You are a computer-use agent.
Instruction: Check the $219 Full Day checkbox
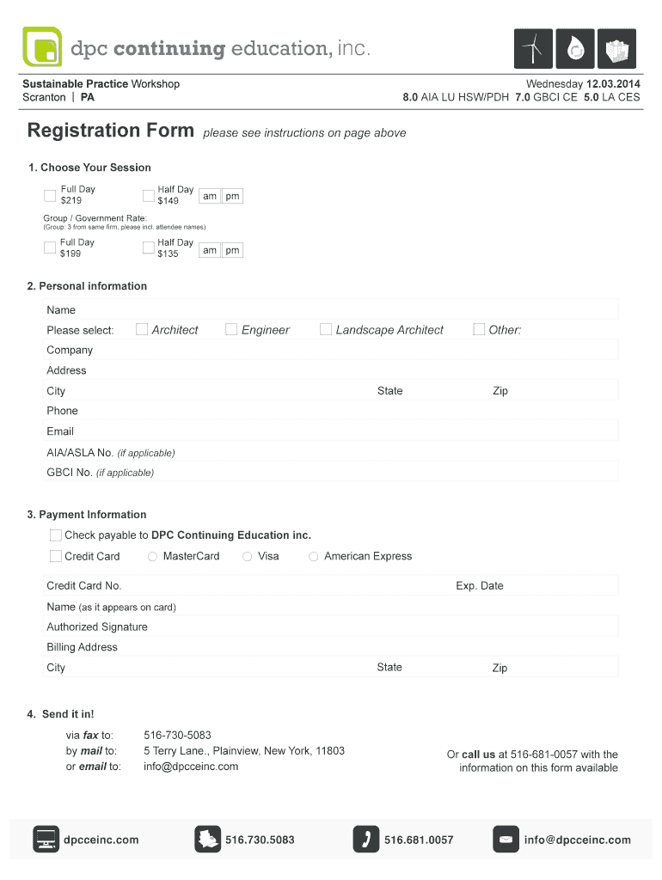(x=50, y=195)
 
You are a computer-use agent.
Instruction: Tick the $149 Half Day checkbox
(x=148, y=195)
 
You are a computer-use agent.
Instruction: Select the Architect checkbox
(x=142, y=329)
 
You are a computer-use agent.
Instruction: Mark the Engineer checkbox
(x=231, y=329)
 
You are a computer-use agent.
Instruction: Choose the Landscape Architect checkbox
(x=326, y=329)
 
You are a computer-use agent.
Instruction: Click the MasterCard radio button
(x=153, y=557)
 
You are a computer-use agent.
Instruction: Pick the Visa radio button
(x=248, y=557)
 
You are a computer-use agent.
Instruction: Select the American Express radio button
(x=314, y=557)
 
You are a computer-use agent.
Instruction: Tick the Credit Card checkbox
(x=56, y=556)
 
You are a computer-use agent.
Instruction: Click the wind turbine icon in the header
(x=533, y=49)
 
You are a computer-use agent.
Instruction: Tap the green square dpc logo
(x=44, y=47)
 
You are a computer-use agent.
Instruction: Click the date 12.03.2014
(x=613, y=84)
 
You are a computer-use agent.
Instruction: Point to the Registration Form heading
(x=111, y=131)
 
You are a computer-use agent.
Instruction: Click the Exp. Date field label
(x=480, y=586)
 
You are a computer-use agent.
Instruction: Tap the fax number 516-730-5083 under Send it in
(x=177, y=736)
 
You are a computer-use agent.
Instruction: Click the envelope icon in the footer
(x=506, y=840)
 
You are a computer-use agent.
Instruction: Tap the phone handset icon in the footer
(x=366, y=840)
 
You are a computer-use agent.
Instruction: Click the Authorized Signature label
(x=97, y=627)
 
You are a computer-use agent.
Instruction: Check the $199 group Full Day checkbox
(x=50, y=248)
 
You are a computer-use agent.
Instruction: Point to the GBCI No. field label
(x=70, y=473)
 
